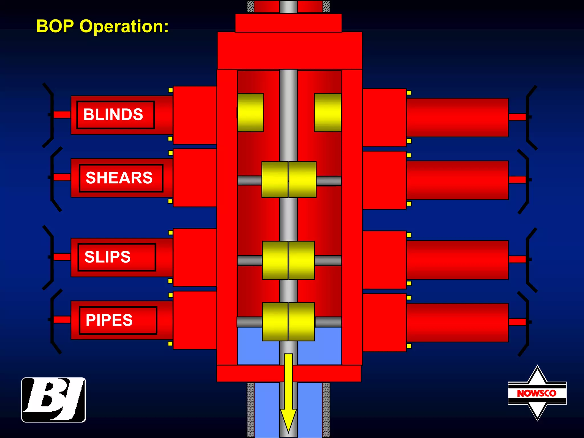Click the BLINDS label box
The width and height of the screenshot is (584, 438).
click(x=115, y=115)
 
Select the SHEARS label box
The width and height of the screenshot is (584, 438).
click(x=121, y=178)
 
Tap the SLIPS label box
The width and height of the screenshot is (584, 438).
click(x=117, y=257)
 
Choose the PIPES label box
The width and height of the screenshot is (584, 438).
click(x=118, y=320)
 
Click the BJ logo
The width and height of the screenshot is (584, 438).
click(x=54, y=400)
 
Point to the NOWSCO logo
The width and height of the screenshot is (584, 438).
click(x=537, y=393)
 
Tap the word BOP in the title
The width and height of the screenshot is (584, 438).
click(x=55, y=27)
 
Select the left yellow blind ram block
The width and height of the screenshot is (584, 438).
click(x=250, y=112)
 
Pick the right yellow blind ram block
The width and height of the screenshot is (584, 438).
click(x=328, y=112)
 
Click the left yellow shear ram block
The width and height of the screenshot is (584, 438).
click(x=275, y=179)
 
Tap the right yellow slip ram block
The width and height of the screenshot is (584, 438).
click(x=302, y=260)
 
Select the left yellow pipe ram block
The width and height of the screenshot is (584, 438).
click(x=275, y=322)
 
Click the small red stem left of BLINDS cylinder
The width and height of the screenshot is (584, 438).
click(x=62, y=115)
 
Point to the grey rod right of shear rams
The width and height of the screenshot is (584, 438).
click(x=328, y=181)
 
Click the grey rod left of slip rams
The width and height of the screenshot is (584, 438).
click(x=250, y=260)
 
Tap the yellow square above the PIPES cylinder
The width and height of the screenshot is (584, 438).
click(x=171, y=295)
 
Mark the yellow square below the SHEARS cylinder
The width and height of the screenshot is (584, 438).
click(x=171, y=201)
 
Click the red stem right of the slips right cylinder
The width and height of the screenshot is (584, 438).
click(x=517, y=259)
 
